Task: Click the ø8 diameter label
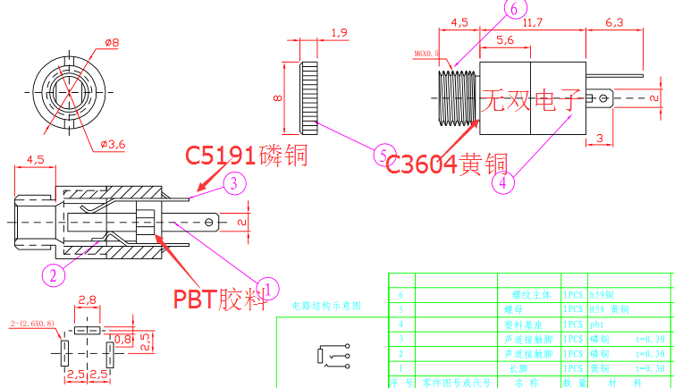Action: click(x=113, y=41)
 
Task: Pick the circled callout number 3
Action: click(x=232, y=184)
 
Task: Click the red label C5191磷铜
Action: click(x=246, y=156)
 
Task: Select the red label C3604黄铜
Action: click(x=447, y=164)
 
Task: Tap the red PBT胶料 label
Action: click(x=220, y=298)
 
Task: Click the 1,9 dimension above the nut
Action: click(x=339, y=33)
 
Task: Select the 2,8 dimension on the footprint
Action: click(x=88, y=299)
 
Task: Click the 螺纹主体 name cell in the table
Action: click(x=519, y=293)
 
